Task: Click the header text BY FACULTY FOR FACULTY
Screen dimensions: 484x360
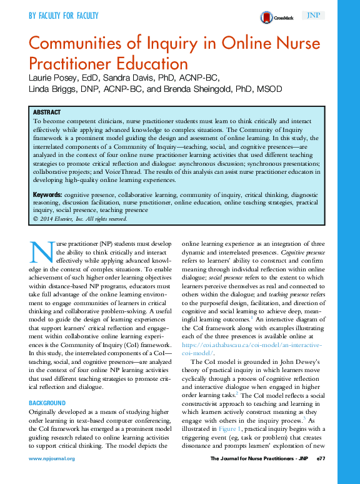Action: pyautogui.click(x=64, y=16)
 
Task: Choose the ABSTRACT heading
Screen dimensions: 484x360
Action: pyautogui.click(x=47, y=112)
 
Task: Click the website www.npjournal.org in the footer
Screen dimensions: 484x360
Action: pyautogui.click(x=51, y=458)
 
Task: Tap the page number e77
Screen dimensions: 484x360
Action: pyautogui.click(x=321, y=458)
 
